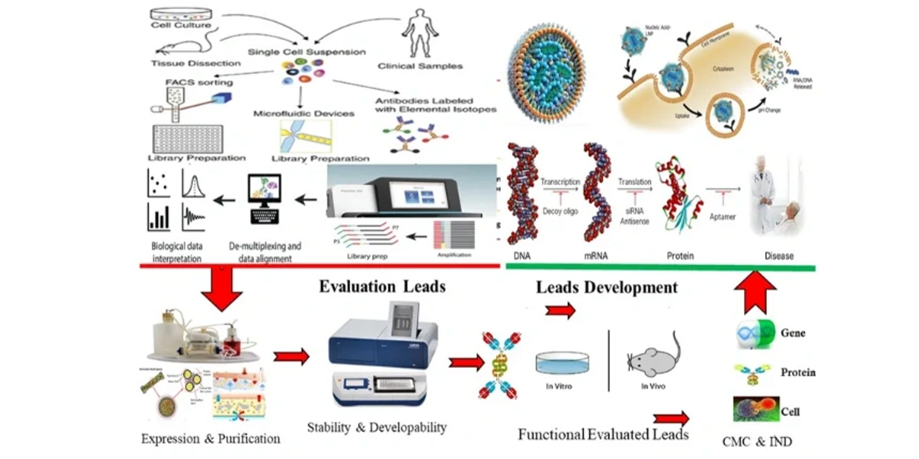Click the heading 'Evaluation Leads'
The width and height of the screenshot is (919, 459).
tap(382, 287)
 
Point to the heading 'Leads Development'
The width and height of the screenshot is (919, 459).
tap(606, 287)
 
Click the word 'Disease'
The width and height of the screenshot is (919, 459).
tap(779, 256)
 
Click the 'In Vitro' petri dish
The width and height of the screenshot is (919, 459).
tap(563, 362)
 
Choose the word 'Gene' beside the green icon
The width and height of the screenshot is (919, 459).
tap(792, 333)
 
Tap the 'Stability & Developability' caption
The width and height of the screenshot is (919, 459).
tap(377, 427)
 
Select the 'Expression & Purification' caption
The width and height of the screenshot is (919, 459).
tap(211, 439)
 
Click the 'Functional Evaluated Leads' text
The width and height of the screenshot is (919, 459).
tap(603, 435)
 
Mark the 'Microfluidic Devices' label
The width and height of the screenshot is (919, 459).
tap(303, 114)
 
